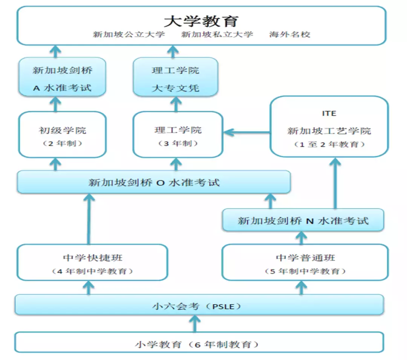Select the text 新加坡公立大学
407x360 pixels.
coord(129,35)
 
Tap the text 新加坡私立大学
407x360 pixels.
coord(217,35)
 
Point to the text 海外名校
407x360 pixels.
coord(289,35)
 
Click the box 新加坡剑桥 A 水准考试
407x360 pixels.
coord(62,79)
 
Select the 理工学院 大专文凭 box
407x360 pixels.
coord(175,79)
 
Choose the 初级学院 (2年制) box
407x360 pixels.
coord(62,134)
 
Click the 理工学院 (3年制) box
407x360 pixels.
coord(178,134)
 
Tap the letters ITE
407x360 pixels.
coord(329,113)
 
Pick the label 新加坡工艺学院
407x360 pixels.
coord(329,131)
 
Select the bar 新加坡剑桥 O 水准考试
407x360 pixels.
coord(154,183)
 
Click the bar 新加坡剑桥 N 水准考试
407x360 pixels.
coord(303,221)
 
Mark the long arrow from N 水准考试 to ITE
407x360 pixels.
coord(335,185)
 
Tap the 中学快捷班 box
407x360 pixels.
coord(92,262)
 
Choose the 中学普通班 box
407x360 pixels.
coord(305,262)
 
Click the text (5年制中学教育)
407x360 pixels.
coord(305,271)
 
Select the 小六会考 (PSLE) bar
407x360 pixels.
coord(199,305)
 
